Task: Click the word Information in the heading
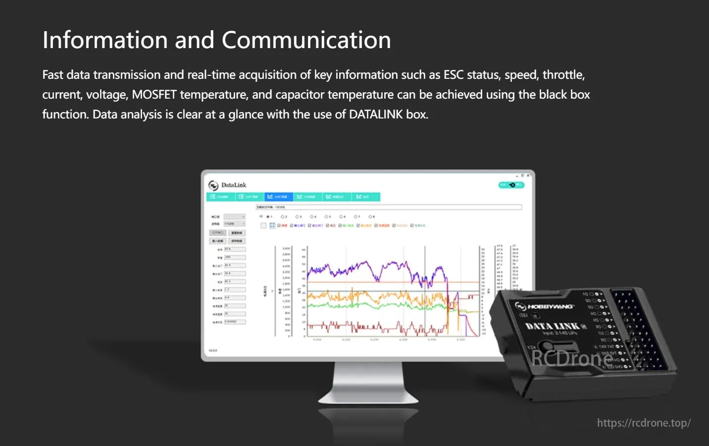coord(105,40)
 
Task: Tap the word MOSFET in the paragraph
coord(154,95)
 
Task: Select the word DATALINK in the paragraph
coord(376,114)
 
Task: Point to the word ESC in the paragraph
coord(453,75)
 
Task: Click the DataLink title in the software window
coord(234,185)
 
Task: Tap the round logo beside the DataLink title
coord(213,185)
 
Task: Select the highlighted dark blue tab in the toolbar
coord(278,197)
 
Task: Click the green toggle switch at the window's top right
coord(511,185)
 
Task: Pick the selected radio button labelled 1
coord(268,217)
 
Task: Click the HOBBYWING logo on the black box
coord(545,306)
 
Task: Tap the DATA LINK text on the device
coord(552,326)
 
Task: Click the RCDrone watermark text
coord(572,358)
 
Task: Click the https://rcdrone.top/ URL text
coord(643,423)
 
